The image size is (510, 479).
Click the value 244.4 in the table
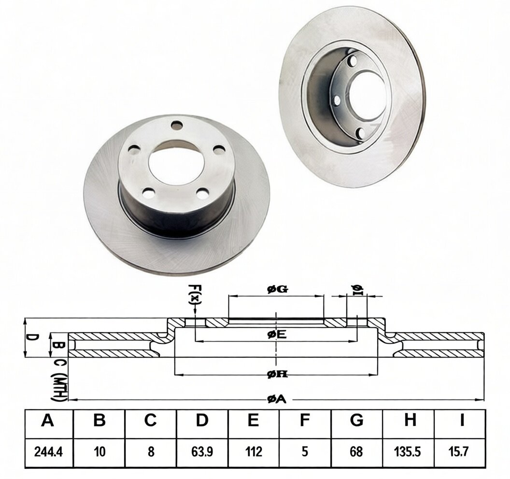tap(48, 451)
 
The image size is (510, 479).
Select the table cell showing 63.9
tap(202, 451)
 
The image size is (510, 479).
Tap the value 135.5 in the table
tap(408, 451)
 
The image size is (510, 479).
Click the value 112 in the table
tap(254, 451)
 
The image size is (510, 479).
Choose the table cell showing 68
tap(356, 451)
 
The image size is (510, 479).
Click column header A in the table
tap(47, 420)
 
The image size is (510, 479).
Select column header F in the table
tap(304, 420)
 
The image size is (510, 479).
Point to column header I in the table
tap(462, 420)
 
